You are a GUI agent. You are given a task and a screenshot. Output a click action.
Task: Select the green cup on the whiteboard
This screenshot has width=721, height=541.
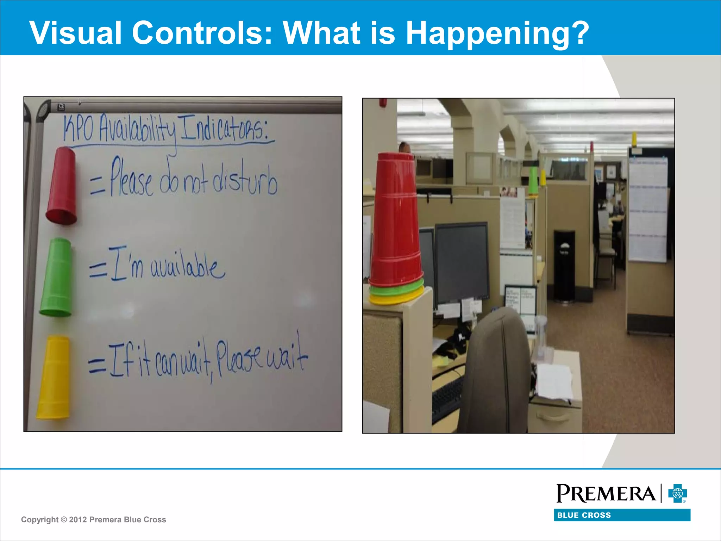click(56, 277)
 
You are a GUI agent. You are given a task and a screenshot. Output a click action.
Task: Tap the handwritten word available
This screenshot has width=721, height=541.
click(188, 268)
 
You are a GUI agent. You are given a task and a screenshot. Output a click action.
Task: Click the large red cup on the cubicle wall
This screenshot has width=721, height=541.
click(396, 218)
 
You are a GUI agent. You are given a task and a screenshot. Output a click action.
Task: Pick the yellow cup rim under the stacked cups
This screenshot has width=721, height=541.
click(396, 299)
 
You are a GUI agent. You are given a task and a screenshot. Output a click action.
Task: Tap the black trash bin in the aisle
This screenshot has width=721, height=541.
click(564, 266)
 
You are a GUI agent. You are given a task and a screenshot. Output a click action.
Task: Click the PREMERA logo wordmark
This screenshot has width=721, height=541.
click(606, 493)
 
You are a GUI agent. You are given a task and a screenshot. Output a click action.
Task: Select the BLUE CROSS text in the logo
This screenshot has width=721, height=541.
click(584, 515)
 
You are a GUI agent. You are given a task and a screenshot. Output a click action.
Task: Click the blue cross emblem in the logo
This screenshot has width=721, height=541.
click(677, 493)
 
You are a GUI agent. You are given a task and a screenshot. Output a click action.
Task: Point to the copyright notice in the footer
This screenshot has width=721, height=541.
click(93, 520)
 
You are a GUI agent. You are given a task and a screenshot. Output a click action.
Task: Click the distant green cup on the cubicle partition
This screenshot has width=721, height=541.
click(533, 180)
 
